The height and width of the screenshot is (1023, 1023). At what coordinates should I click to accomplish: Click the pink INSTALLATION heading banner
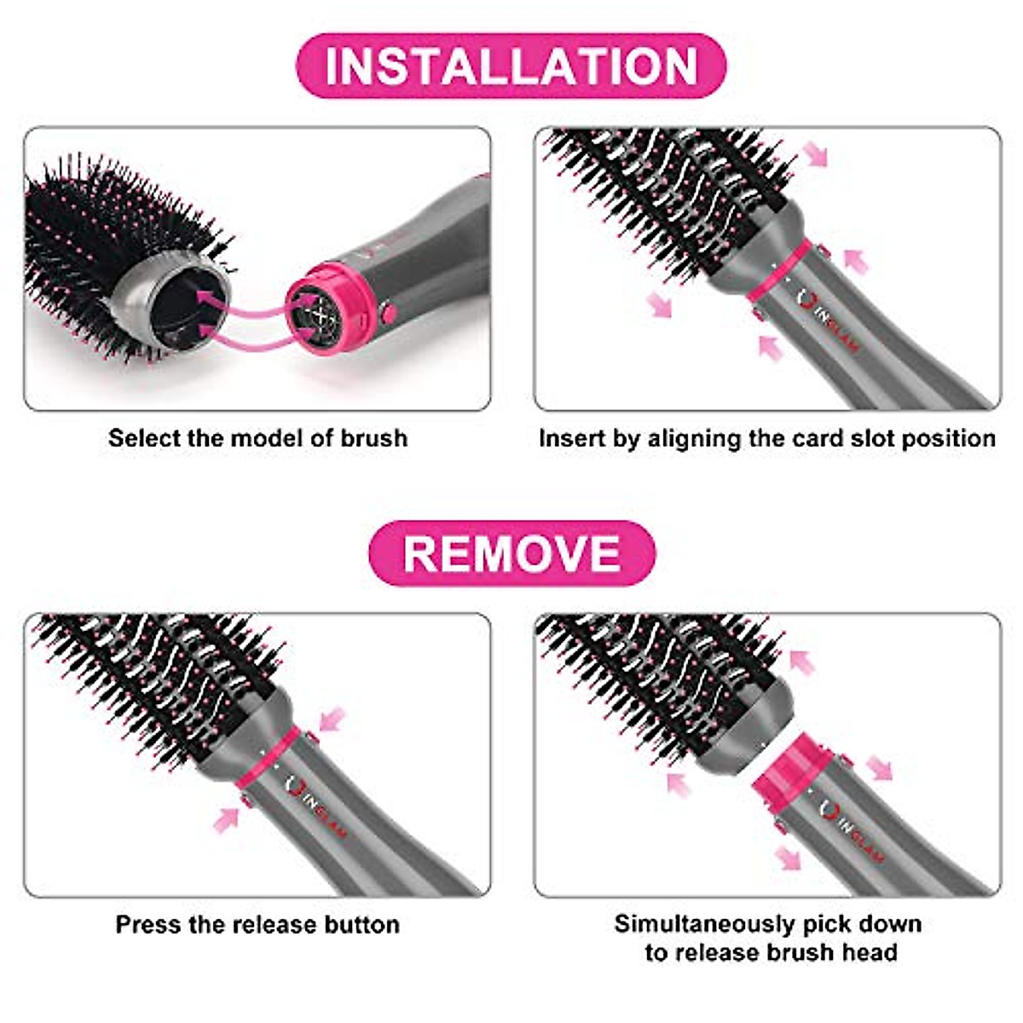click(511, 66)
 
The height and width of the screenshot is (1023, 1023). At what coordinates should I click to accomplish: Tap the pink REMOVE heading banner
click(511, 552)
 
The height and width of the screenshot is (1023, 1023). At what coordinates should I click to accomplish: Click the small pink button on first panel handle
click(389, 312)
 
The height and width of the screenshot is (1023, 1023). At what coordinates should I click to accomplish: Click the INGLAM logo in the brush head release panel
click(852, 831)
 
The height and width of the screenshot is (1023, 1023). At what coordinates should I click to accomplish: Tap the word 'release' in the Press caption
click(275, 925)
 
